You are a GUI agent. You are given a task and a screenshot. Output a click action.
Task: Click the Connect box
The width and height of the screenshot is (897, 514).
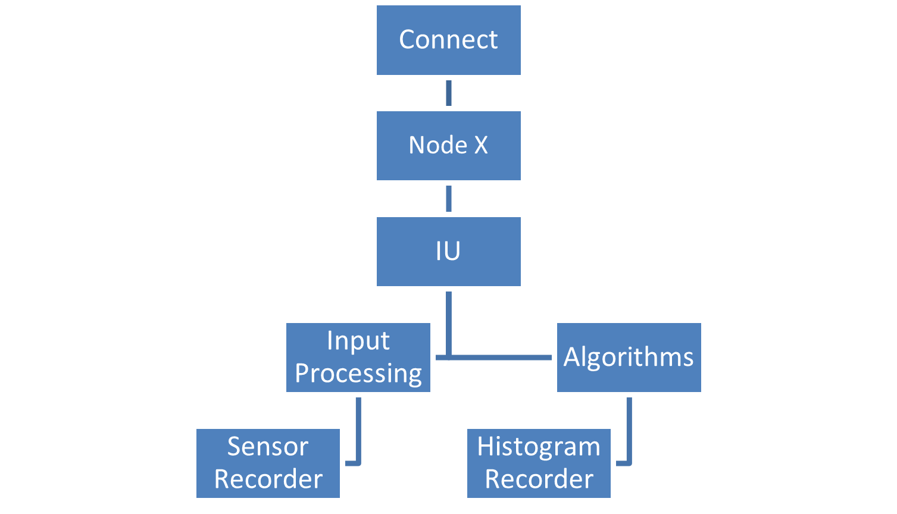click(x=448, y=40)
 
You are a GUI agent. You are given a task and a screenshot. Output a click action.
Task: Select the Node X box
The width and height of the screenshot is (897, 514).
click(x=448, y=146)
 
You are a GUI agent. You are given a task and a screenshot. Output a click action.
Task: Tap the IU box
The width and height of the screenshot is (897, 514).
click(x=448, y=252)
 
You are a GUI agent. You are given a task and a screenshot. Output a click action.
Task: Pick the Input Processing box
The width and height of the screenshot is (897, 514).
click(x=358, y=358)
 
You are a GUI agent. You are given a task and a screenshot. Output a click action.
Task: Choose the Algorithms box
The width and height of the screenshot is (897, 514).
click(x=629, y=358)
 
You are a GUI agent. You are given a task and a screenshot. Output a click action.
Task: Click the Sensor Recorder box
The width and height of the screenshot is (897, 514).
click(x=268, y=463)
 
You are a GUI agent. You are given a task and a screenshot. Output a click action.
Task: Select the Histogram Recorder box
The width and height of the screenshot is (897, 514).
click(x=539, y=463)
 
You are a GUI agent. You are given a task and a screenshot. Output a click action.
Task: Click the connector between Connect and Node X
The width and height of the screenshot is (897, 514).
click(x=448, y=93)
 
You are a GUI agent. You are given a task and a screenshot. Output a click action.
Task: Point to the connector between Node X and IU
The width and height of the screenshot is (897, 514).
click(x=448, y=199)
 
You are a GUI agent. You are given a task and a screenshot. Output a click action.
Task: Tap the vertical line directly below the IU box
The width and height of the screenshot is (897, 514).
click(x=448, y=321)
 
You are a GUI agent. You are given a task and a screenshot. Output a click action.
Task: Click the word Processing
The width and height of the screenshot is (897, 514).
click(x=358, y=374)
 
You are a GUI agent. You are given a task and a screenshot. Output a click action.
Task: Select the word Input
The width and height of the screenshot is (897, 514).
click(x=358, y=341)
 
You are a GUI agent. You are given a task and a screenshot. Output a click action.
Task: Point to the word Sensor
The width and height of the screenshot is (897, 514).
click(x=268, y=447)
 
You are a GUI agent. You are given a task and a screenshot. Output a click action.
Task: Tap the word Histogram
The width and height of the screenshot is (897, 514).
click(x=539, y=447)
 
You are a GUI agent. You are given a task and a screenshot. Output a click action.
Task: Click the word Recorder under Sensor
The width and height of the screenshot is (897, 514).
click(x=268, y=479)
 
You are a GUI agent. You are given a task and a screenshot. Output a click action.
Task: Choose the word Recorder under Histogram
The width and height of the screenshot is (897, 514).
click(x=539, y=479)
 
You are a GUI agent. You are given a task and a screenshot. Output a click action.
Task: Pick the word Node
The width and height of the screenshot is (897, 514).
click(x=437, y=146)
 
